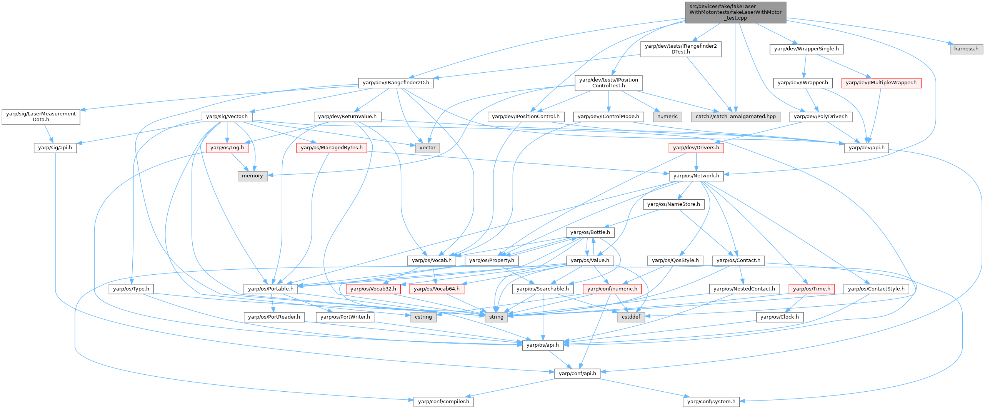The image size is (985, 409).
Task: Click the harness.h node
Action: coord(966,49)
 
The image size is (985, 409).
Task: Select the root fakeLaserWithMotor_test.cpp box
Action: coord(735,12)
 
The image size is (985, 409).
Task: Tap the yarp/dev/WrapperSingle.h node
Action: coord(806,49)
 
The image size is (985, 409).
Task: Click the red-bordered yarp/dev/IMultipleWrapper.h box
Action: coord(881,83)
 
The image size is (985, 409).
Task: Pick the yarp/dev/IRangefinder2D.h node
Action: coord(396,83)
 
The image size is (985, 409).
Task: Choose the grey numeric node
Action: coord(667,117)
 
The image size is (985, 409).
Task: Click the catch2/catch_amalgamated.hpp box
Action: coord(735,117)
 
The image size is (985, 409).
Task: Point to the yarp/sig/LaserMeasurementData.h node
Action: coord(41,117)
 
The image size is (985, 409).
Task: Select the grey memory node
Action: coord(252,176)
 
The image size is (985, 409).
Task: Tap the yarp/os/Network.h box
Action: coord(696,176)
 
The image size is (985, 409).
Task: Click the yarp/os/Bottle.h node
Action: coord(590,232)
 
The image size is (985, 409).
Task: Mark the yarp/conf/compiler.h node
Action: coord(443,402)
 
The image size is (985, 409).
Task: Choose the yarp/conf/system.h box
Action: coord(711,402)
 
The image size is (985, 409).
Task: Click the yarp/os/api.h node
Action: coord(542,345)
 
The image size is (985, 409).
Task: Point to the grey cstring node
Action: coord(423,317)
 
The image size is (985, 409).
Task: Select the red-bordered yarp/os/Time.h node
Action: coord(812,289)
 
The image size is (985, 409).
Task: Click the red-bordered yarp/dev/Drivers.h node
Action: coord(696,148)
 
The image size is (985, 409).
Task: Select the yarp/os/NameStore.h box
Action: coord(673,204)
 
